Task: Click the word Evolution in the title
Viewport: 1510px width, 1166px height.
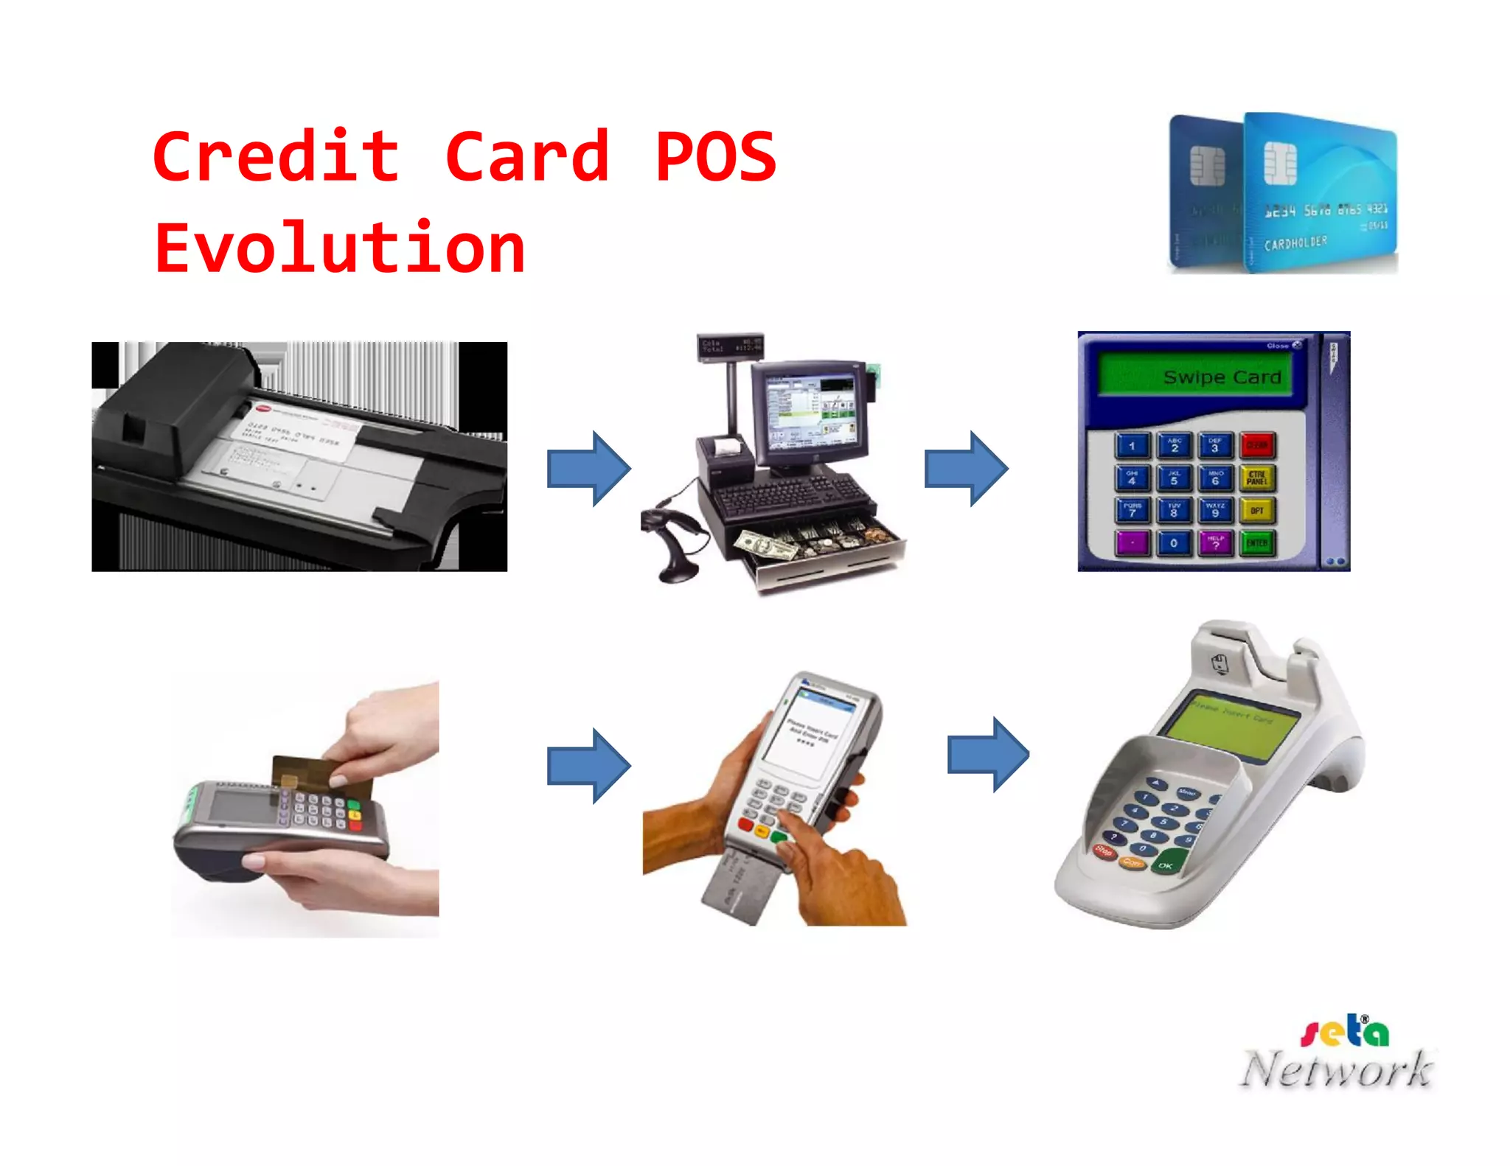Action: (340, 248)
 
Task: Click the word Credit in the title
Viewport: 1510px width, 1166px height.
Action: (276, 156)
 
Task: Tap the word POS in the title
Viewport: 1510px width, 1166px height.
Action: (715, 156)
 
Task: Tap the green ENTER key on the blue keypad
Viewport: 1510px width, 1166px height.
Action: (1257, 544)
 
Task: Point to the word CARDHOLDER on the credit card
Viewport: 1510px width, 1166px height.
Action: (1295, 242)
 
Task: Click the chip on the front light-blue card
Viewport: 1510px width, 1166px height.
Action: (1279, 163)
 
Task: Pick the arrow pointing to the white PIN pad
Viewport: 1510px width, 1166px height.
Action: (988, 755)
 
